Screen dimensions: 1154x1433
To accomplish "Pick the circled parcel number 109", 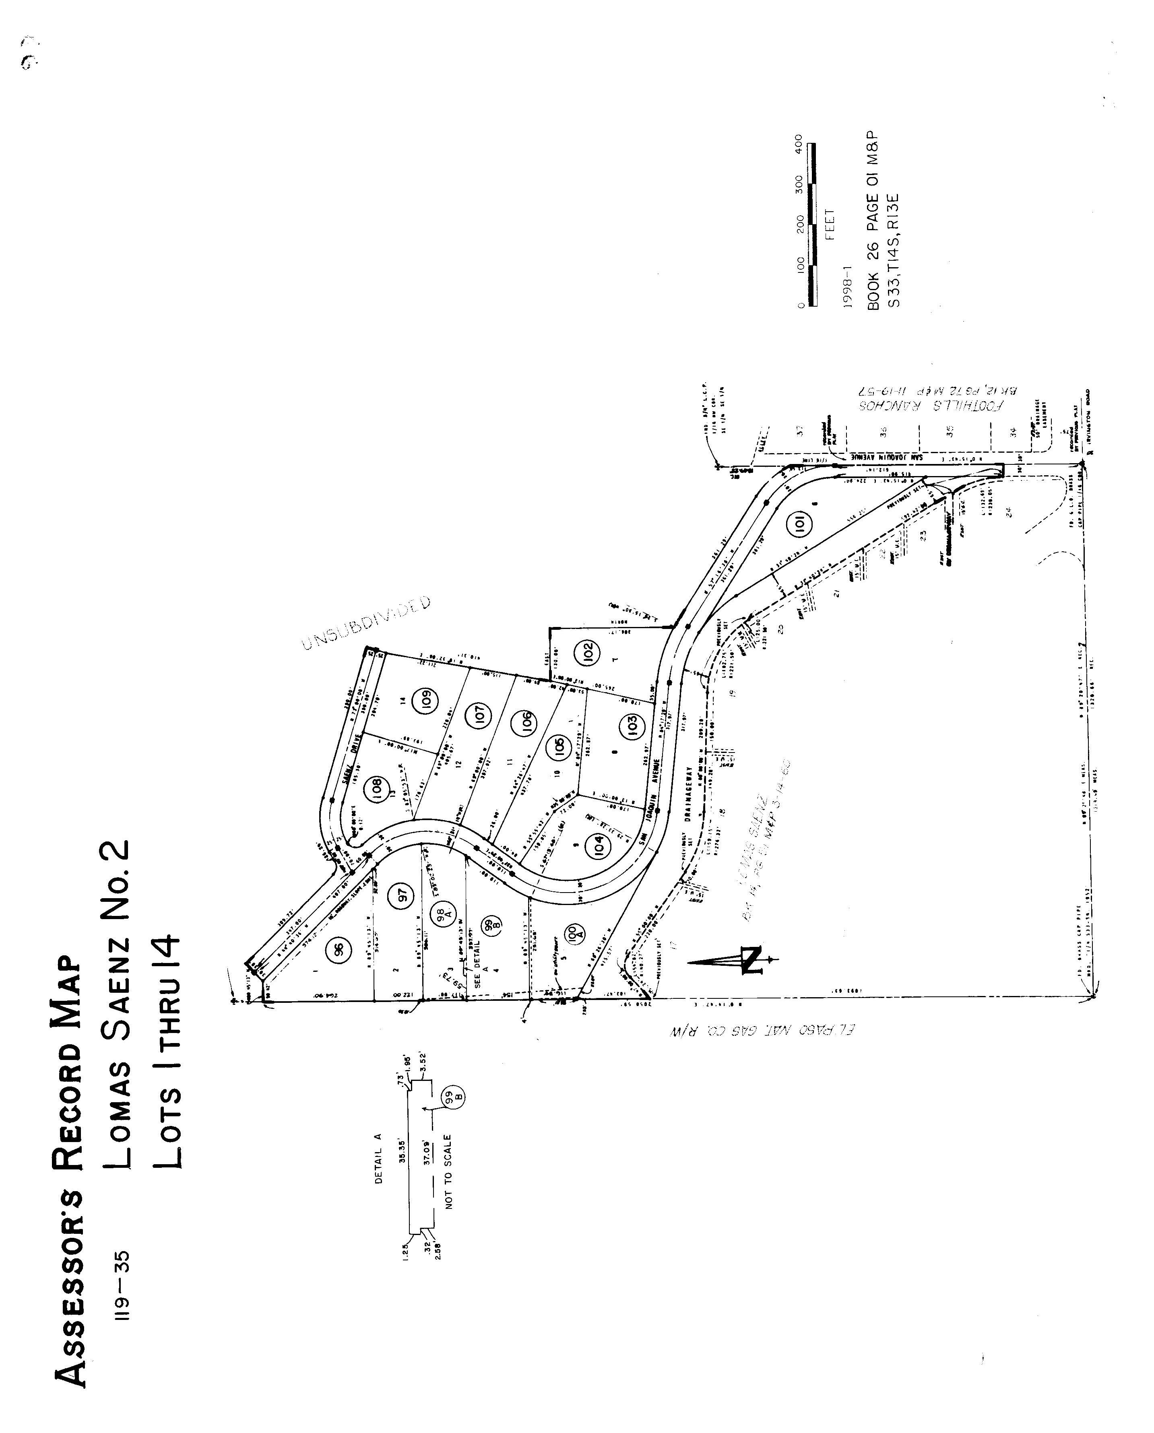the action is [x=425, y=700].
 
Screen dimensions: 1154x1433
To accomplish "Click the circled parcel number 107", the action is [x=480, y=715].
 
